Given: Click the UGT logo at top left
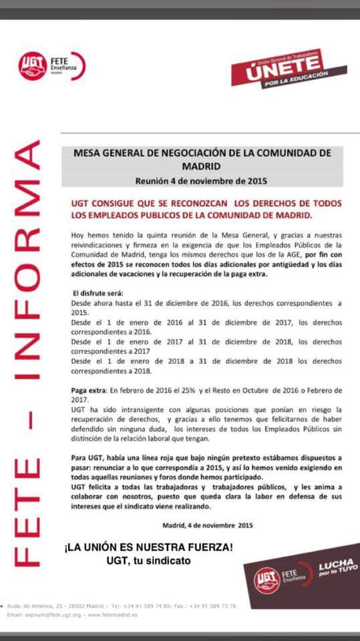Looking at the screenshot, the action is click(32, 66).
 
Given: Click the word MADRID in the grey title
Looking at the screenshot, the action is click(201, 165).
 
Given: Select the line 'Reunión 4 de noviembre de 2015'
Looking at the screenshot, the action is click(201, 180).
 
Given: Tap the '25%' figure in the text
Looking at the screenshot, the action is click(196, 390).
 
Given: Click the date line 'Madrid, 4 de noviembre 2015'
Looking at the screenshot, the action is click(207, 525).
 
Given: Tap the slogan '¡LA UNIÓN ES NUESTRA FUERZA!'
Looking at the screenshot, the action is click(148, 548).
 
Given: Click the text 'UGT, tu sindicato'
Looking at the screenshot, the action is click(148, 561).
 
